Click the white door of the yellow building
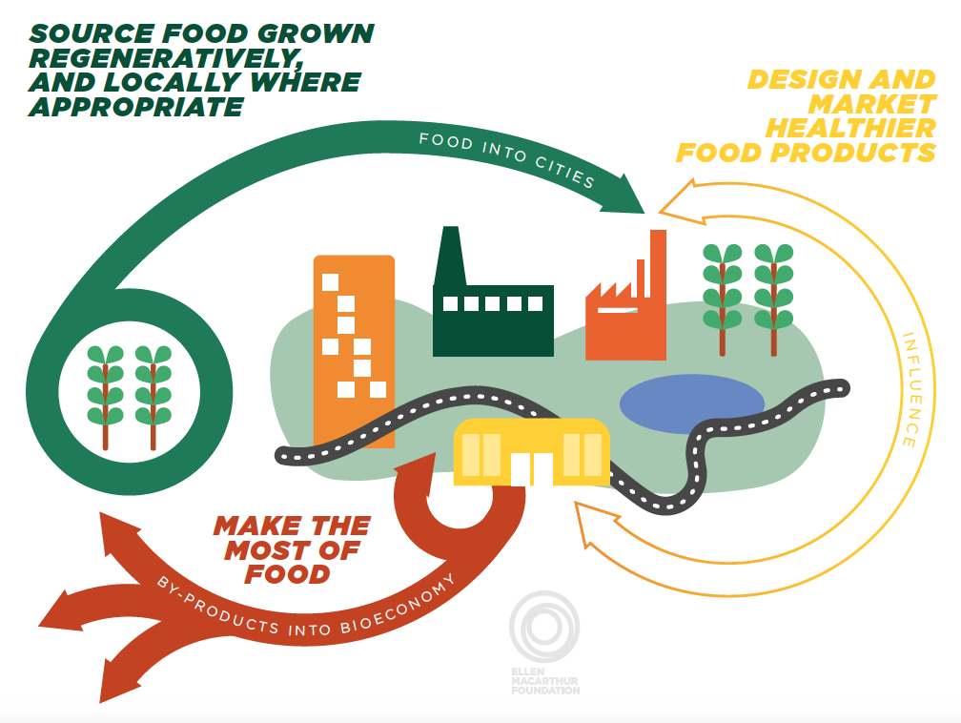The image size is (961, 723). click(531, 467)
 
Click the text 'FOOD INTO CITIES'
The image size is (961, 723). click(507, 158)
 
